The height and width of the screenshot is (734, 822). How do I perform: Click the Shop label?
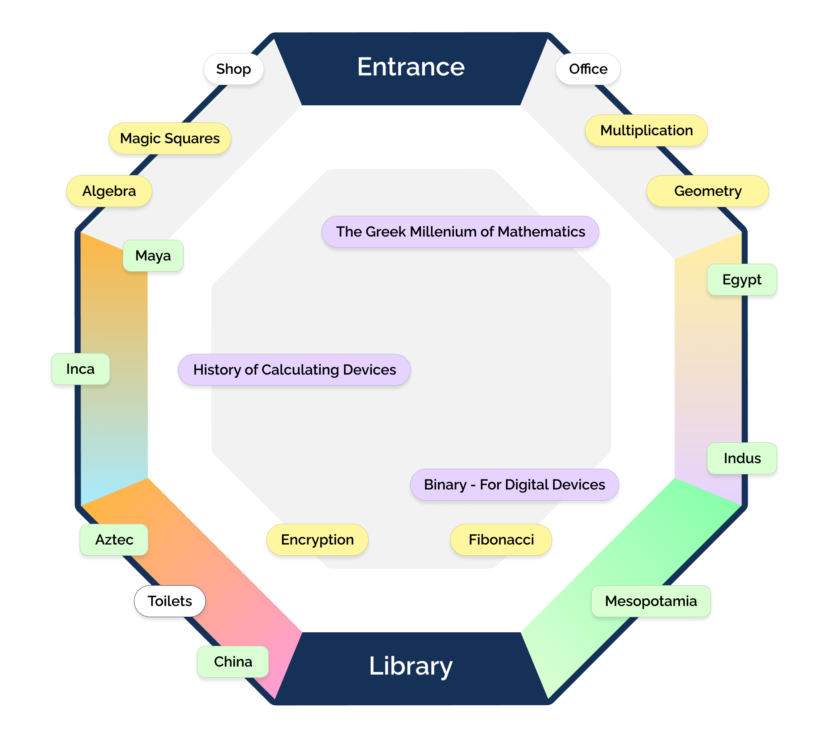point(233,69)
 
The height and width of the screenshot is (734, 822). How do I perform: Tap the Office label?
point(588,69)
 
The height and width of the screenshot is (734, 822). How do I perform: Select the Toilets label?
point(170,601)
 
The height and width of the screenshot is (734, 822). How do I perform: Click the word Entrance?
point(411,67)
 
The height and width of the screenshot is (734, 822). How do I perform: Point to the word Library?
point(411,665)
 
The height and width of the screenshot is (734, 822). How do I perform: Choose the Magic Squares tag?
point(170,138)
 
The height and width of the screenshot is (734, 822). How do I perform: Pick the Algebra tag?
point(109,191)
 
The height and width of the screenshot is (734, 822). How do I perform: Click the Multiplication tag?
point(646,130)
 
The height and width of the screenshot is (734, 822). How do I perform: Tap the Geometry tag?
point(707,191)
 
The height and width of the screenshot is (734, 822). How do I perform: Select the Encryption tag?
point(317,540)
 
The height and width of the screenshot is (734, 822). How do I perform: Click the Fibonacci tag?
point(501,540)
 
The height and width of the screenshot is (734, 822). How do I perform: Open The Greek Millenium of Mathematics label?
point(460,231)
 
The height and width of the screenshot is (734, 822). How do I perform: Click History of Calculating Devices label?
point(294,369)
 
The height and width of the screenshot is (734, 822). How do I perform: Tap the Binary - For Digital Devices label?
point(514,484)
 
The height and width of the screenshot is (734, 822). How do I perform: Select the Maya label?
point(153,256)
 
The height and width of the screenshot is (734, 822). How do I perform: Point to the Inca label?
point(80,369)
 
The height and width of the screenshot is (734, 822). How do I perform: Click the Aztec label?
point(114,540)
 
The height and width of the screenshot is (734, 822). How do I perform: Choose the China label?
point(233,662)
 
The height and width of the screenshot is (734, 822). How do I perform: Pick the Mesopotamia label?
point(650,601)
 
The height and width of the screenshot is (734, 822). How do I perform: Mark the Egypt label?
point(742,280)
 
